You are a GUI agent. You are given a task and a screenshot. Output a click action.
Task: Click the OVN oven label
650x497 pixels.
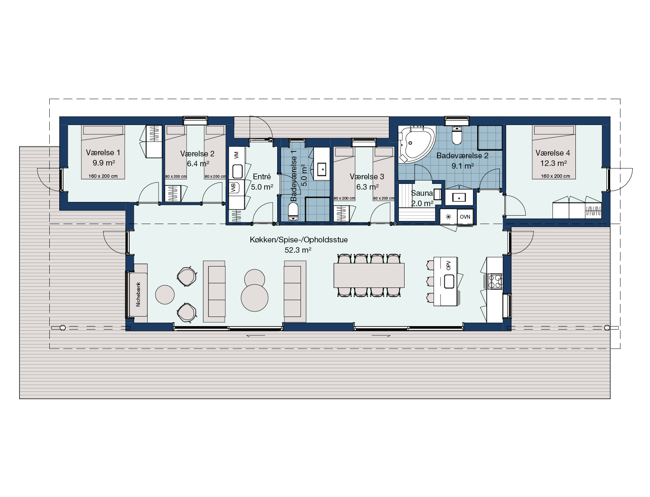465,217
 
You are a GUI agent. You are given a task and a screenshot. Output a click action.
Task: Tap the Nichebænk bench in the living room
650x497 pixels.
138,294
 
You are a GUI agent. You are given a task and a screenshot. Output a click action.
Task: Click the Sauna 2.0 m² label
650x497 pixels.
422,198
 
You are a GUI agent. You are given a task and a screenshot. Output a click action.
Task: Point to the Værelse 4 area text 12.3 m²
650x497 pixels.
552,163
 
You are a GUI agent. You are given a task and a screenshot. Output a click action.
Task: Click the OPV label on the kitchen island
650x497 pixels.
448,265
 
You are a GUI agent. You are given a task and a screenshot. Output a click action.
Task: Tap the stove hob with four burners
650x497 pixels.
494,281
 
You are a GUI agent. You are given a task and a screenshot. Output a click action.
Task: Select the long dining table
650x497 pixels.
369,275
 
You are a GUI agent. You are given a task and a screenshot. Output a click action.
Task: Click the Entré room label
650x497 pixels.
262,177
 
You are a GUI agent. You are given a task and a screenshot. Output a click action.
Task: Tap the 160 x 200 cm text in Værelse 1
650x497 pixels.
103,176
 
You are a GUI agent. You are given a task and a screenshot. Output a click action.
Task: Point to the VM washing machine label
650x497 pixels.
236,154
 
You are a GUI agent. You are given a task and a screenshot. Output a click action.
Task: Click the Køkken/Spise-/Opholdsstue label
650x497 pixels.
299,240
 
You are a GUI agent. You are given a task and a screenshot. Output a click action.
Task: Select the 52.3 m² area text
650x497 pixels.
298,250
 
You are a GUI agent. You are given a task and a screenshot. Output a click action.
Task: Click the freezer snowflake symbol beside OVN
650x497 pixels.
449,217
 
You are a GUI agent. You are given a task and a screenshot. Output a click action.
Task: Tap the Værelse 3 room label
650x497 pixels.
367,177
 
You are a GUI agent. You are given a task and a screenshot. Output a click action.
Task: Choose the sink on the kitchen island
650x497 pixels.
448,282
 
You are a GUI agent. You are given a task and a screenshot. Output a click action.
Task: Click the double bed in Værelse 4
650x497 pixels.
553,152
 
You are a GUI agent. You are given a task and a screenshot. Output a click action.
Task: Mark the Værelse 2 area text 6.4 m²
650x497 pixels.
198,164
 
